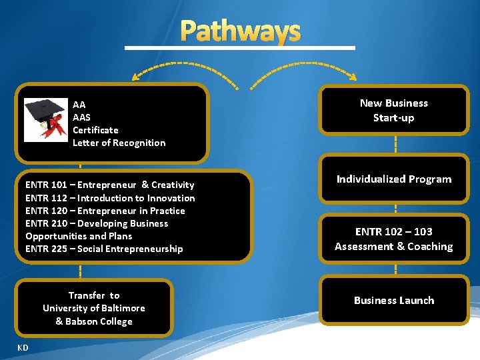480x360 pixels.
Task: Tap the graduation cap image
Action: coord(45,119)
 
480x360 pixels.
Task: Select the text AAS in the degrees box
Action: coord(81,117)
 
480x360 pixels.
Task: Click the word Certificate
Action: coord(95,130)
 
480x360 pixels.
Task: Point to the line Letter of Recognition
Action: coord(119,143)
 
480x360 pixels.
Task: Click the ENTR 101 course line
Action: coord(109,185)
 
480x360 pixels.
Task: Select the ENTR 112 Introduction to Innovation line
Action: coord(110,198)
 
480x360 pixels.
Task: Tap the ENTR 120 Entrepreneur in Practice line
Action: coord(105,211)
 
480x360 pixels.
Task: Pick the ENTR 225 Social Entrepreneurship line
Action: coord(103,249)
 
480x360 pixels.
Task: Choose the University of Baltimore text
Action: coord(93,308)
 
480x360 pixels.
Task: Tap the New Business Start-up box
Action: coord(393,111)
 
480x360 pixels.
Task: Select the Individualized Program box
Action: coord(393,179)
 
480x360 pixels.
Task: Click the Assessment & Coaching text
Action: coord(393,247)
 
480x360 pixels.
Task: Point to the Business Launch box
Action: coord(393,301)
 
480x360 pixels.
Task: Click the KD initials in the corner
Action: coord(23,347)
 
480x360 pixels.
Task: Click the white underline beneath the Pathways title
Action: coord(240,48)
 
